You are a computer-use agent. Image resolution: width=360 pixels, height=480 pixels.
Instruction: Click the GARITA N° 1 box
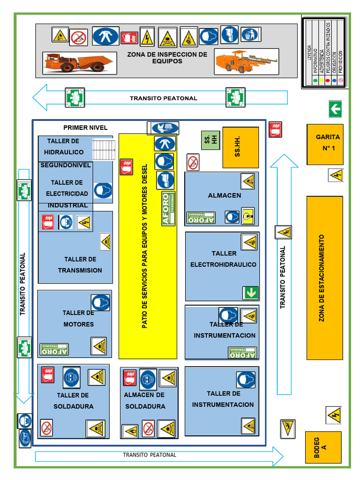tap(325, 144)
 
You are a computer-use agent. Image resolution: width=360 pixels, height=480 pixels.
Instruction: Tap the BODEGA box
tap(323, 447)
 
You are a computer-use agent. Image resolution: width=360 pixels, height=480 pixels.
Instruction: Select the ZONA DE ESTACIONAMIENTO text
tap(322, 278)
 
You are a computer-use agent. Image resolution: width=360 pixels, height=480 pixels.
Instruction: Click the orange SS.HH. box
tap(240, 147)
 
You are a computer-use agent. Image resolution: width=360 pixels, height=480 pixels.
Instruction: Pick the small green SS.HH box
tap(210, 140)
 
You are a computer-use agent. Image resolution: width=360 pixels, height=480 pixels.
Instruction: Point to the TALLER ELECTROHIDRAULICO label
tap(224, 259)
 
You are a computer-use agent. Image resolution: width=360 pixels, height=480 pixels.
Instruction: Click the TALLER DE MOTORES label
tap(78, 319)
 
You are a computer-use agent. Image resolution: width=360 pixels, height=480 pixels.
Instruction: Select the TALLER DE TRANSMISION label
tap(80, 265)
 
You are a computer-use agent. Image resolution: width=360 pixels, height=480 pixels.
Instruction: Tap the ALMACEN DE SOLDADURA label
tap(145, 401)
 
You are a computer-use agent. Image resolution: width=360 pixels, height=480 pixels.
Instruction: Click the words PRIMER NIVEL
tap(85, 127)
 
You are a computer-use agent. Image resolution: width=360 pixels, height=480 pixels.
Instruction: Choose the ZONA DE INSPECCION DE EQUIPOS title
tap(167, 58)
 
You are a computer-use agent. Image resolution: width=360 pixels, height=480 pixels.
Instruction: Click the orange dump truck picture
tap(78, 62)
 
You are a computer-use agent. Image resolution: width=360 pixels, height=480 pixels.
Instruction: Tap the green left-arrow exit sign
tap(335, 109)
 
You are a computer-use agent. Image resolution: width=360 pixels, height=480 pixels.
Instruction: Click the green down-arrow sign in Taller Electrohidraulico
tap(250, 293)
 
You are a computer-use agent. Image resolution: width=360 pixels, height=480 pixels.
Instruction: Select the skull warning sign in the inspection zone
tap(167, 37)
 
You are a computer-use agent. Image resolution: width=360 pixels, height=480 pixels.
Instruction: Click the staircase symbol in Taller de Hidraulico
tap(104, 150)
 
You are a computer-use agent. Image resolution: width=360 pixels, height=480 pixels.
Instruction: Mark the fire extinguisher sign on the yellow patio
tap(126, 167)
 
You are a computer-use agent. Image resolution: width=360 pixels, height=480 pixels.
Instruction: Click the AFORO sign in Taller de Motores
tap(54, 350)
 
